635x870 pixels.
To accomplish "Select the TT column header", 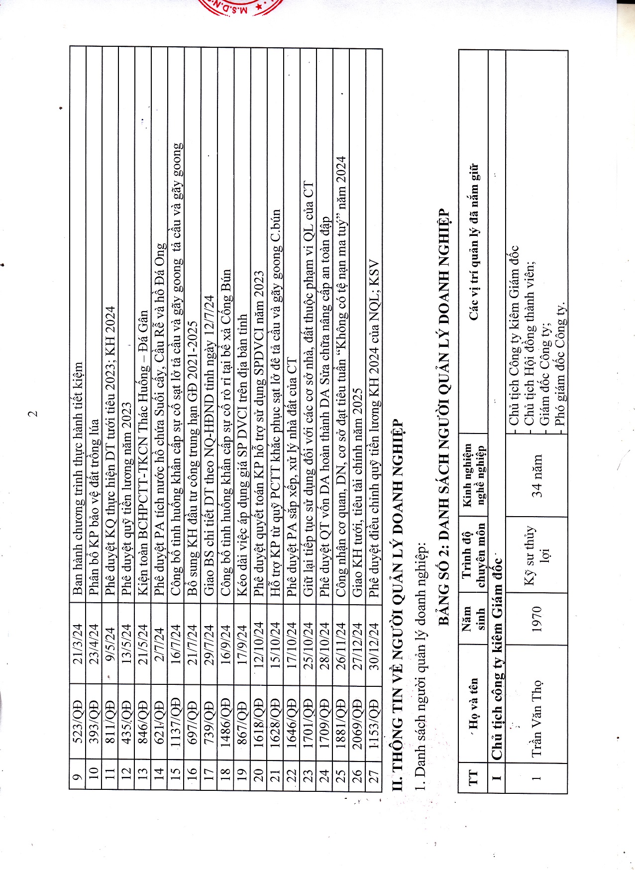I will pyautogui.click(x=472, y=776).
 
